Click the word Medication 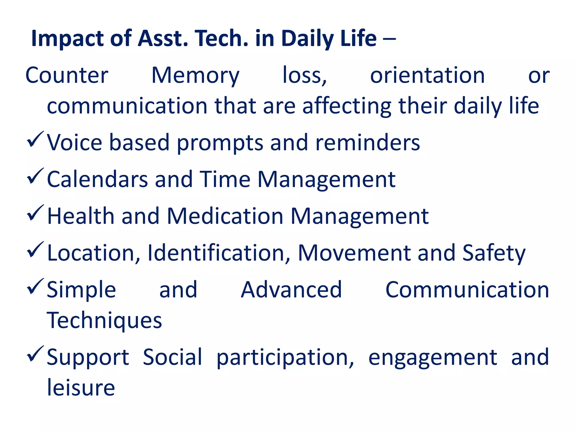point(225,216)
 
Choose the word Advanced point(291,290)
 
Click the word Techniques point(104,320)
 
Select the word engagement point(433,357)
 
